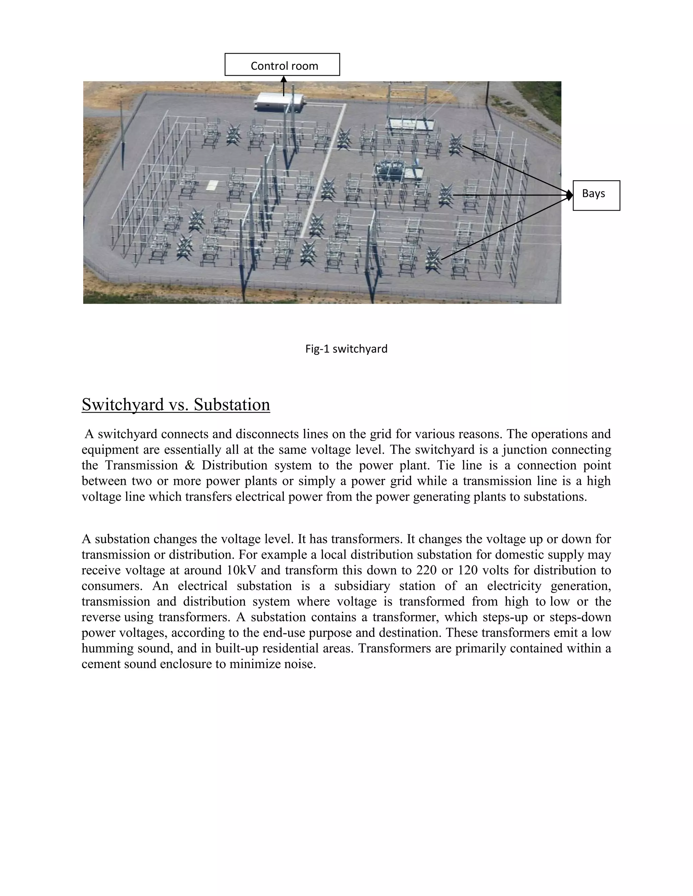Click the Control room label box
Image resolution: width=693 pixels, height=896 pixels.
pos(282,65)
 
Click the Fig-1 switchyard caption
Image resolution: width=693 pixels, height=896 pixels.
pos(346,349)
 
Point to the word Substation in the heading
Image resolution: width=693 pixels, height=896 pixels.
pos(232,404)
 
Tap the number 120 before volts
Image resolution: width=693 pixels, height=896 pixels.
pos(470,570)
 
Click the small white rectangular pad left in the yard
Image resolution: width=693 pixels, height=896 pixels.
pos(212,185)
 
